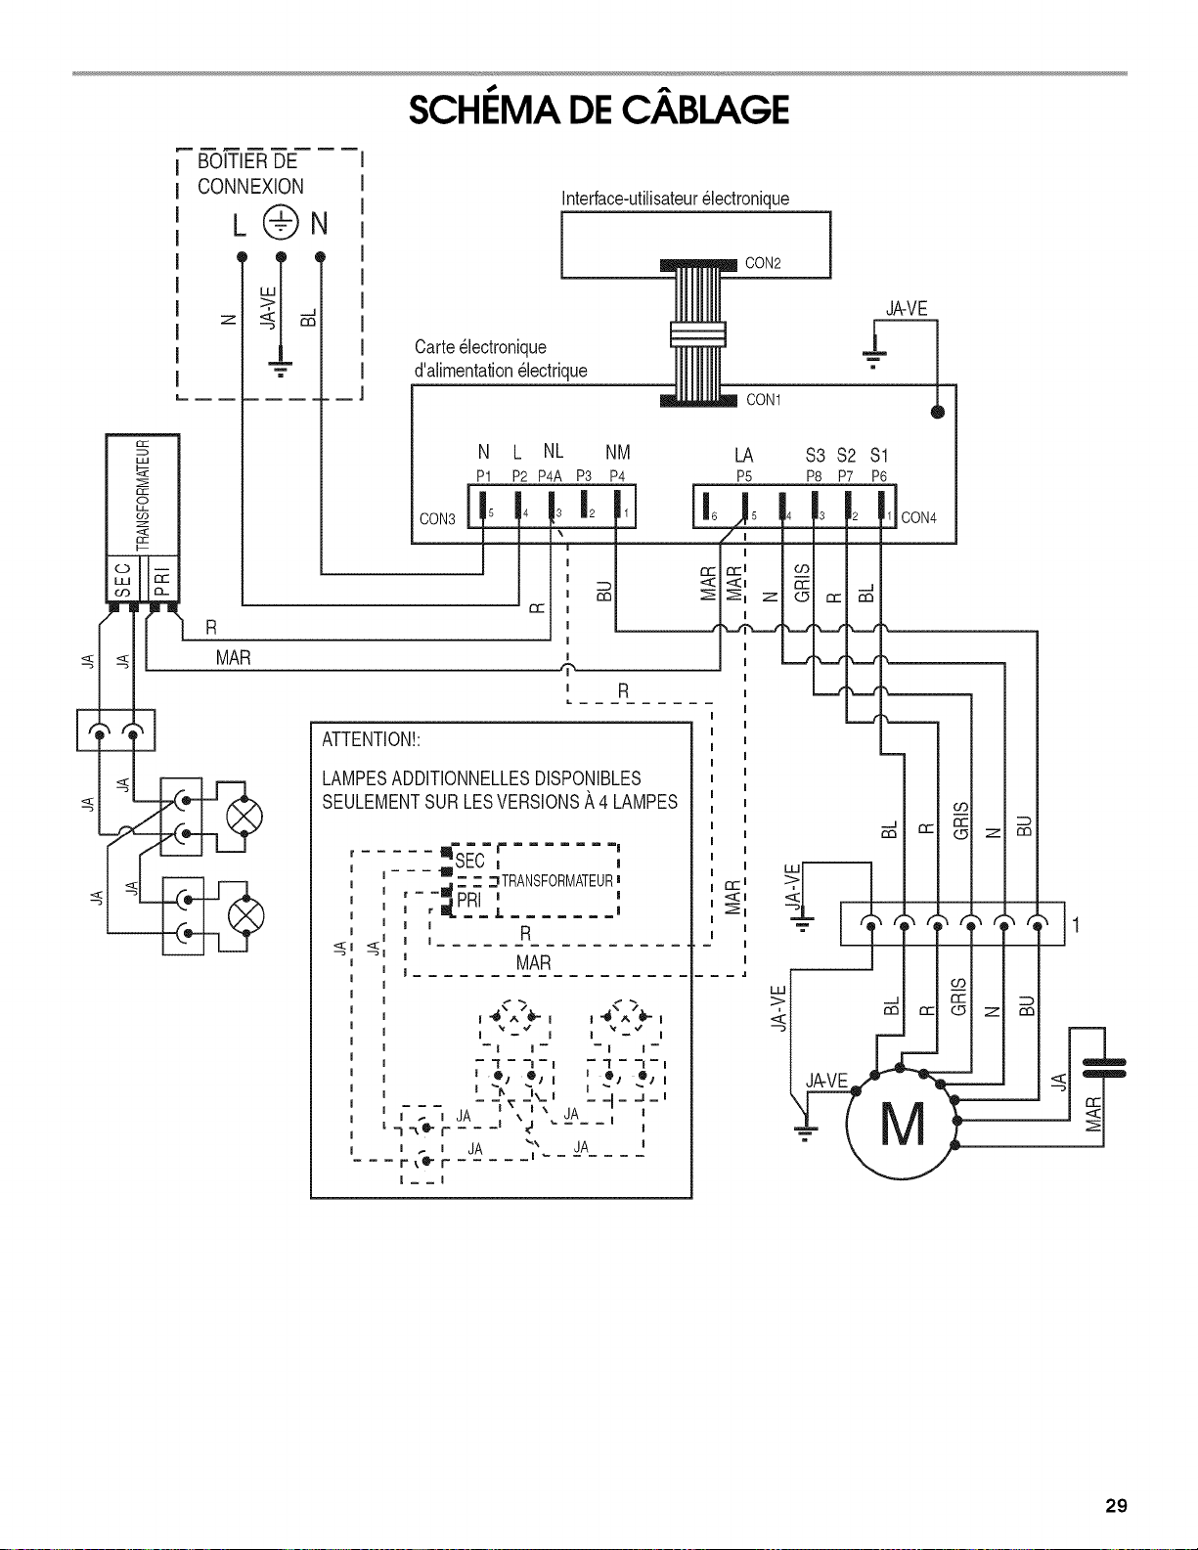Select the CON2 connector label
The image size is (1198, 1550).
click(x=763, y=263)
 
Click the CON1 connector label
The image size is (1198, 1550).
click(x=764, y=399)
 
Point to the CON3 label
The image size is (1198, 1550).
click(x=437, y=518)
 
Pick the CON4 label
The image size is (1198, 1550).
click(x=918, y=518)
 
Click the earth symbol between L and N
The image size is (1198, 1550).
click(x=281, y=223)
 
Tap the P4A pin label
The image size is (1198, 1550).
click(x=550, y=476)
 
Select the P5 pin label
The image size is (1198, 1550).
click(x=744, y=476)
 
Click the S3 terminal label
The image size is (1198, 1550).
click(x=815, y=455)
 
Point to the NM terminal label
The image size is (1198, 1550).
click(x=617, y=452)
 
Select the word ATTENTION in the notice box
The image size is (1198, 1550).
click(x=369, y=739)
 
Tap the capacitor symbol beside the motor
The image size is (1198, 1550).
click(x=1104, y=1067)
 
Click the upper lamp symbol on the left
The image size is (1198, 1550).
click(x=244, y=817)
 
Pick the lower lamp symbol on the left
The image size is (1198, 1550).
click(x=244, y=916)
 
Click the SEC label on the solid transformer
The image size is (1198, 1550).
click(x=123, y=580)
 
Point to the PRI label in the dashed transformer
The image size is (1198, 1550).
click(x=468, y=901)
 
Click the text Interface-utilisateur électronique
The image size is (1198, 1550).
click(x=676, y=199)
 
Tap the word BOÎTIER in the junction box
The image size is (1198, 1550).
click(x=227, y=160)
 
